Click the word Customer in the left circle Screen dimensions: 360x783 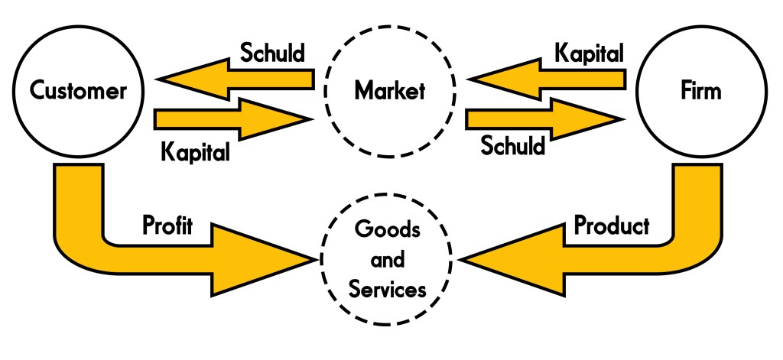coord(78,92)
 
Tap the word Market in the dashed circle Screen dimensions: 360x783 coord(389,92)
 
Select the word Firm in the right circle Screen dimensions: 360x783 coord(700,92)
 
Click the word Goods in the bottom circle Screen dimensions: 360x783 coord(389,230)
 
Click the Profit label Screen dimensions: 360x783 coord(168,225)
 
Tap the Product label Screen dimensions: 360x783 coord(612,225)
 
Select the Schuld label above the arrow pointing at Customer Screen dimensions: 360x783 coord(273,54)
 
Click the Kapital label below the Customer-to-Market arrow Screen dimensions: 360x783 coord(196,151)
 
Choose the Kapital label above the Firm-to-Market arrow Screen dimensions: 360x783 coord(589,54)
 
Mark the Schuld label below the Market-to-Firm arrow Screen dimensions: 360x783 coord(513,145)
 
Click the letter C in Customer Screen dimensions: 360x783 coord(37,92)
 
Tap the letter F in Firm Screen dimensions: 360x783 coord(684,92)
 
